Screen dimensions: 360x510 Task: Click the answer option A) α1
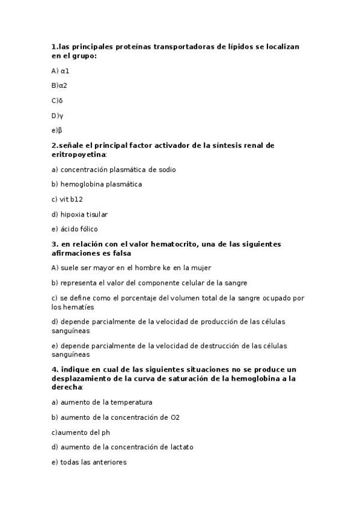click(x=60, y=71)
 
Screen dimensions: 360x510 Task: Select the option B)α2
click(x=59, y=85)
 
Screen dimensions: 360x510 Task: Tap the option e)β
click(x=57, y=130)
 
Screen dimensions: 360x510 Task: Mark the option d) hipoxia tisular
click(x=79, y=214)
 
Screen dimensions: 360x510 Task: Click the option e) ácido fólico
click(x=75, y=229)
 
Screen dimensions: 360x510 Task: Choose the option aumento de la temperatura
click(x=102, y=402)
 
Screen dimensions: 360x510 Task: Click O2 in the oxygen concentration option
click(x=175, y=417)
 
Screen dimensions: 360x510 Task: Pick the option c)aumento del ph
click(x=81, y=432)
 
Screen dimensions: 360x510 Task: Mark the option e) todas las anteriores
click(x=89, y=462)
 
